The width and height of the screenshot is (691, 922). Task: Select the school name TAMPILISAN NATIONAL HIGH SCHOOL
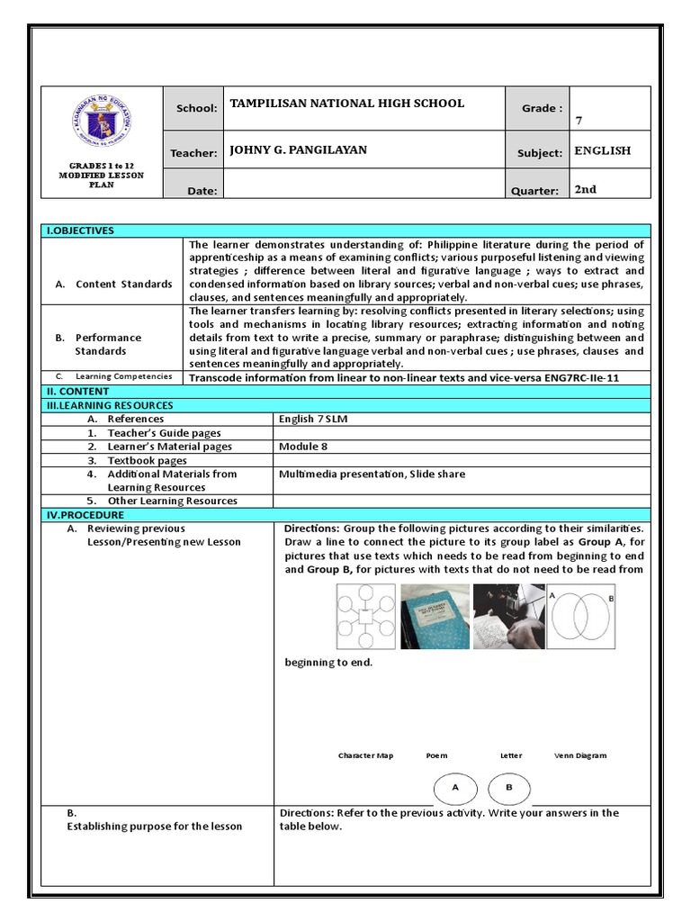coord(347,104)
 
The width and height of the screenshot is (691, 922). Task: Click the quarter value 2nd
coord(586,190)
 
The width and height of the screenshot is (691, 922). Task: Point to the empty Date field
coord(363,187)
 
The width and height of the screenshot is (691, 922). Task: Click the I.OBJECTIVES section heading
coord(81,230)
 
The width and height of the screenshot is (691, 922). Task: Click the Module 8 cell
coord(303,447)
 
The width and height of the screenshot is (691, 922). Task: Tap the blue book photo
coord(435,617)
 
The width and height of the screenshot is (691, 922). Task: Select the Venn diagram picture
coord(580,617)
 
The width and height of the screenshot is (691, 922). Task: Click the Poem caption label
coord(436,755)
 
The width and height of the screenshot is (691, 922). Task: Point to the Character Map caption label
coord(365,755)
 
